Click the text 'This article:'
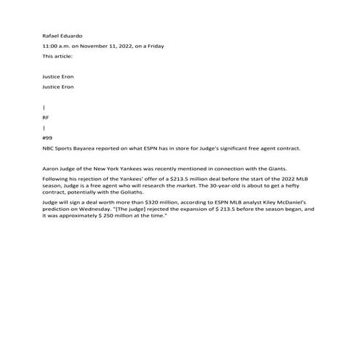point(57,56)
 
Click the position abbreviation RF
point(46,116)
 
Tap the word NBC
point(49,148)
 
